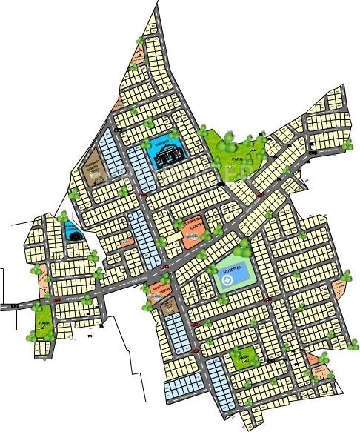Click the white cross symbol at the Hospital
(x=229, y=282)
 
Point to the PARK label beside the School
(x=236, y=159)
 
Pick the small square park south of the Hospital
(x=243, y=359)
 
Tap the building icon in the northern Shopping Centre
(x=191, y=236)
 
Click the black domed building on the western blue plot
(x=71, y=233)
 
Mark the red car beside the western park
(x=56, y=300)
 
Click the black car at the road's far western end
(x=13, y=305)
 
